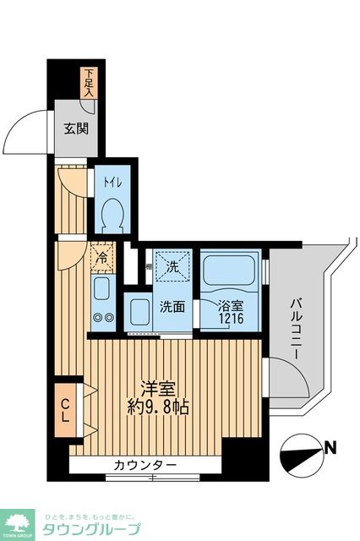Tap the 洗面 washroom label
coord(173,306)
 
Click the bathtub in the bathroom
coord(230,271)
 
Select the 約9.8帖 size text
coord(158,407)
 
